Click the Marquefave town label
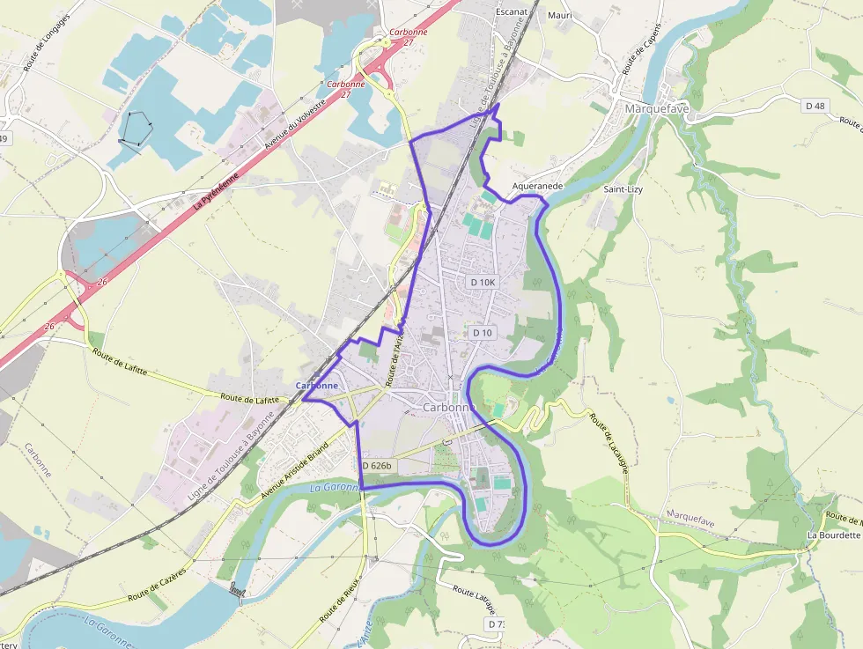tap(656, 108)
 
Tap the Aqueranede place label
tap(537, 187)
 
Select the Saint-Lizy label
tap(622, 189)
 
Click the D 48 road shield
tap(815, 106)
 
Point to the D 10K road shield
tap(483, 282)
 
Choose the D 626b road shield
tap(376, 466)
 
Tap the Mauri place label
tap(559, 15)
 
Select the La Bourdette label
tap(833, 535)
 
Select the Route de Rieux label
tap(336, 600)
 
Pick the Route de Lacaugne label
tap(609, 445)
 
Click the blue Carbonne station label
tap(316, 386)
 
